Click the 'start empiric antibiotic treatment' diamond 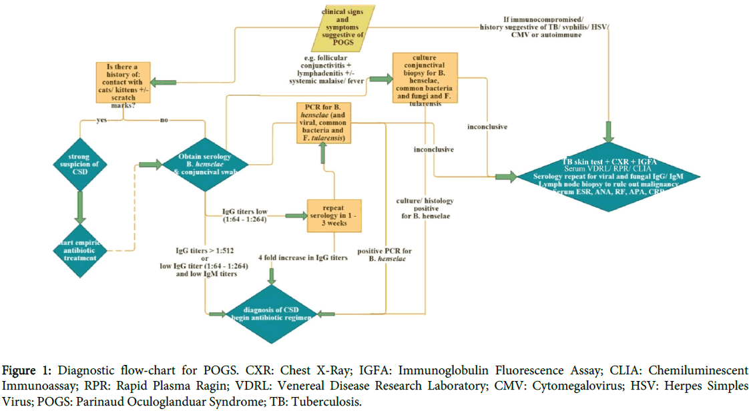click(x=79, y=250)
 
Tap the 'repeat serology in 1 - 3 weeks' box click(x=334, y=216)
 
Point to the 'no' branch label click(x=163, y=121)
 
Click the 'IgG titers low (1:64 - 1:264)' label click(x=244, y=216)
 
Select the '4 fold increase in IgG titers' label click(x=303, y=257)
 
